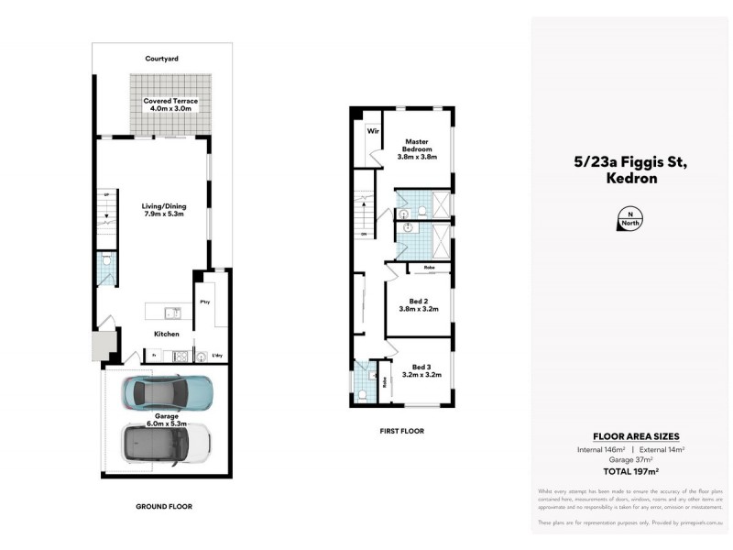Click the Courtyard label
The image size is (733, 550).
pos(161,58)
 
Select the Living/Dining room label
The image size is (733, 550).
pos(163,210)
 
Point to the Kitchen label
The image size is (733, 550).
pos(167,334)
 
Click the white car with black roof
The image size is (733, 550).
pos(166,445)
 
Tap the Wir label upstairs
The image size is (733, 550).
pos(373,131)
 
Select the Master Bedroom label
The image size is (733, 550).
pos(417,148)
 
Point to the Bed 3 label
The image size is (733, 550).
pos(421,370)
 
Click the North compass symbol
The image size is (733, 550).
pos(630,220)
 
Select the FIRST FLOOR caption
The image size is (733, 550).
pos(400,431)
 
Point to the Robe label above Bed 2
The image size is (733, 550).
pos(428,268)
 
